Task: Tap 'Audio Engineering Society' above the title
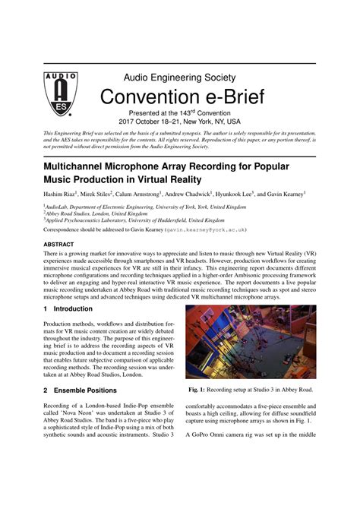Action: [x=180, y=77]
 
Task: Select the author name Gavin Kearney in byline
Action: [x=283, y=194]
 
